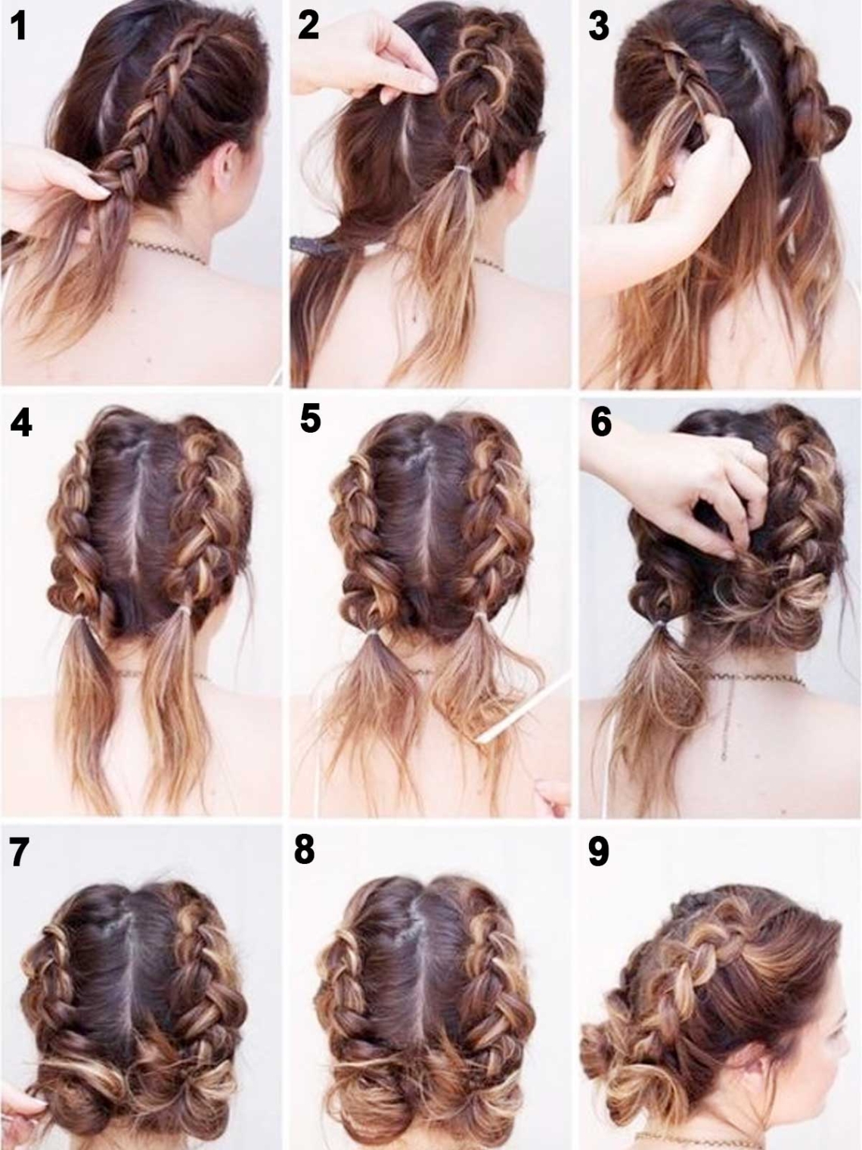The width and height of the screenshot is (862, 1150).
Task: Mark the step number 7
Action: click(19, 852)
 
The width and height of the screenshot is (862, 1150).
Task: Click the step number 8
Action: click(304, 850)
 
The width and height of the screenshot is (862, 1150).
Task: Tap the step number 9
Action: click(599, 851)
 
